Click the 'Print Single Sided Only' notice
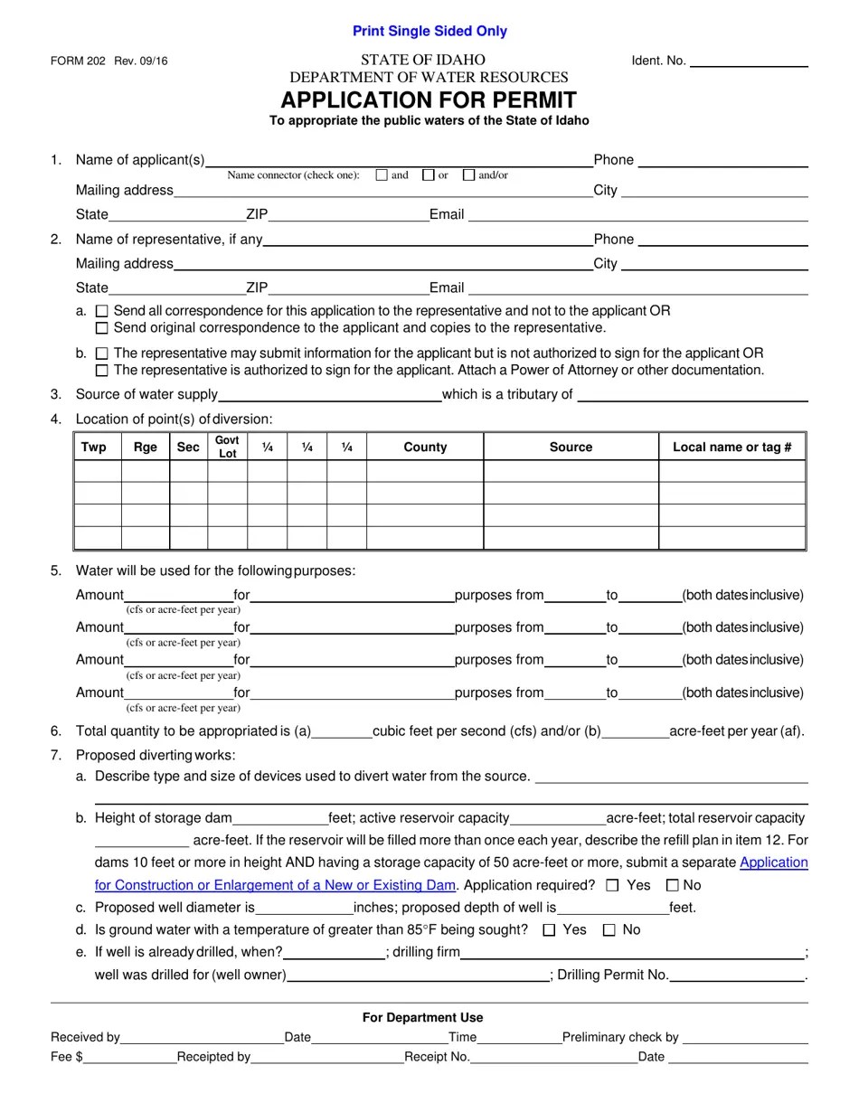[x=429, y=32]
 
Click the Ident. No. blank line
[x=749, y=61]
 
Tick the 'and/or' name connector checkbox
[x=468, y=175]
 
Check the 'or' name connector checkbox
[x=428, y=175]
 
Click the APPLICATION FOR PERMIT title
[x=429, y=99]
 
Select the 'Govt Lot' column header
[x=227, y=447]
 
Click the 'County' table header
[x=425, y=447]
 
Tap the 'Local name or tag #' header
[x=732, y=447]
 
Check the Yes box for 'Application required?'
[x=613, y=885]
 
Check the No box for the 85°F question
[x=609, y=929]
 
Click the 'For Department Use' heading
[x=422, y=1017]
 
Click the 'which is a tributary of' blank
[x=692, y=394]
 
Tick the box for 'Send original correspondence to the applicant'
[x=101, y=328]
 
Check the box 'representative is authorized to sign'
[x=101, y=371]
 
